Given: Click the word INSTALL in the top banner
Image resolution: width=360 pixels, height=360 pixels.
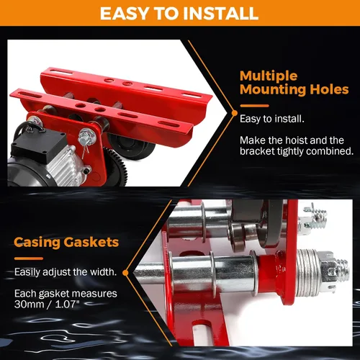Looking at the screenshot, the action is tap(220, 14).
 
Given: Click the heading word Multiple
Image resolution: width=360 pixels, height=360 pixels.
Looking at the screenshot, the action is tap(269, 77).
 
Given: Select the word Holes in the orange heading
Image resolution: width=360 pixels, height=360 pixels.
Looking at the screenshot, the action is tap(329, 89).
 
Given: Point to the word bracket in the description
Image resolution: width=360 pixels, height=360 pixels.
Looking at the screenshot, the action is tap(257, 151).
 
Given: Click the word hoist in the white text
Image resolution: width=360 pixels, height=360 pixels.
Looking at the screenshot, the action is tap(300, 140).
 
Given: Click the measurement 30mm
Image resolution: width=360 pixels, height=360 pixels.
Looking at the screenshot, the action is tap(29, 305).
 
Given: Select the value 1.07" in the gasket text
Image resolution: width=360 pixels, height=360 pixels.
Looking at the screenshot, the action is tap(67, 305).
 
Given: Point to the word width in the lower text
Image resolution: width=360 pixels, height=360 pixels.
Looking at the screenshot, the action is tap(103, 272).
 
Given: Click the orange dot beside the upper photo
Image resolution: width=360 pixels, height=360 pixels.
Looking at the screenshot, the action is tap(235, 113).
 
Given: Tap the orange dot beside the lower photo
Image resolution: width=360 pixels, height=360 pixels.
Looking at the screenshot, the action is tap(125, 273).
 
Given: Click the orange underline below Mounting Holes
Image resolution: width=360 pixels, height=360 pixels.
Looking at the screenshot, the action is tap(254, 106).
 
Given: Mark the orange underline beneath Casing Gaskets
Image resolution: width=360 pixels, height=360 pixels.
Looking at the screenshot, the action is tap(29, 258).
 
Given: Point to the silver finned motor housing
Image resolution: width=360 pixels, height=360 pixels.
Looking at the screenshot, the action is tap(65, 163).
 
